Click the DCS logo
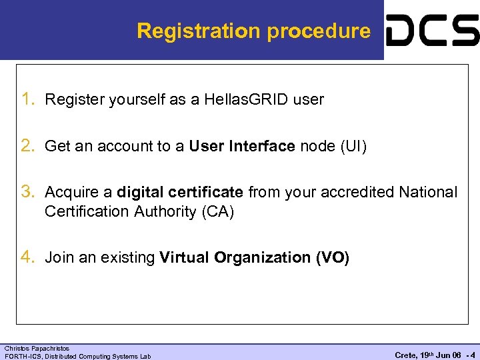pyautogui.click(x=432, y=31)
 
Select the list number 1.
pyautogui.click(x=29, y=100)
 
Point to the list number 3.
pyautogui.click(x=29, y=193)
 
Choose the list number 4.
pyautogui.click(x=29, y=257)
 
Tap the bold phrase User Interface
pyautogui.click(x=241, y=147)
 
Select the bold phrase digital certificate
pyautogui.click(x=180, y=193)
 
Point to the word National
pyautogui.click(x=428, y=193)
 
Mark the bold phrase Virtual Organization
pyautogui.click(x=235, y=257)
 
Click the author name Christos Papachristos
pyautogui.click(x=37, y=349)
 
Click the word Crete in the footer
pyautogui.click(x=405, y=355)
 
